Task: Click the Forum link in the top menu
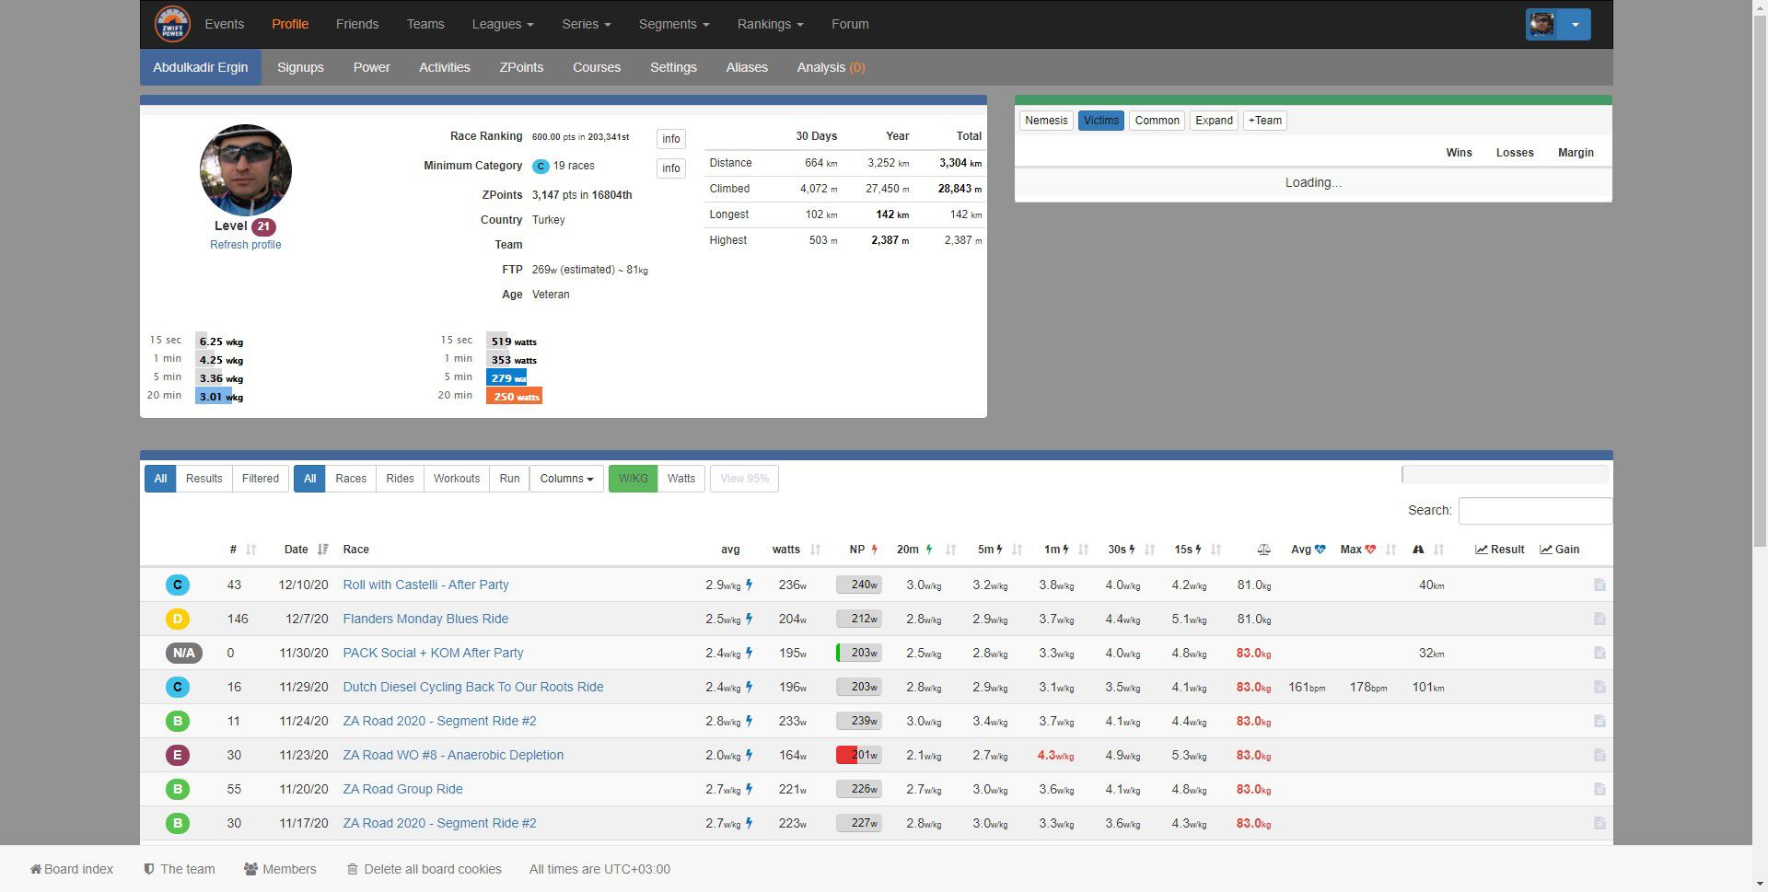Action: pos(849,24)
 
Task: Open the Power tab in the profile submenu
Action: pos(371,67)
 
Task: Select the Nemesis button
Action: pos(1046,121)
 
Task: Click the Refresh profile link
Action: pos(245,245)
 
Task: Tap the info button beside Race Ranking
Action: pos(670,139)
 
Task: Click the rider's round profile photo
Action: pos(245,170)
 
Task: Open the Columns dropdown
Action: pos(566,479)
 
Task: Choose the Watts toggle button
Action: pos(680,479)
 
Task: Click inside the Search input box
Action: pos(1534,511)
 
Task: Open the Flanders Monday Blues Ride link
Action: pos(425,619)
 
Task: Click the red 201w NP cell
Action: pos(858,755)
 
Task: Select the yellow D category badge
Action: pos(178,619)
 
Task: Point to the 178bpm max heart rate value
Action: pos(1367,688)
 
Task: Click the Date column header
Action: pos(297,550)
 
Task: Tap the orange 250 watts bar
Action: pos(514,397)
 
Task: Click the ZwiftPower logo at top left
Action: pos(172,24)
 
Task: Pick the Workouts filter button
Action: pos(456,479)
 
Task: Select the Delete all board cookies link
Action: pos(432,869)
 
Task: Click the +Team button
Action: pos(1264,121)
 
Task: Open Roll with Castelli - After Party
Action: pos(425,585)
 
